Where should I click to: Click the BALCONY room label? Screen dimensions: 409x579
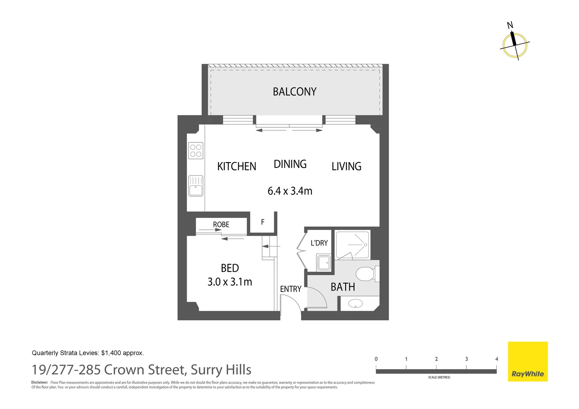(x=294, y=92)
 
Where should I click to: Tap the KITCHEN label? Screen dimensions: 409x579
(x=236, y=166)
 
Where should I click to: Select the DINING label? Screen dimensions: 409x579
(x=290, y=164)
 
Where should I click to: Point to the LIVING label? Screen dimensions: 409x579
(x=346, y=166)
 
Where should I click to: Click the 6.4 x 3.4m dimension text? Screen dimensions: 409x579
(x=290, y=191)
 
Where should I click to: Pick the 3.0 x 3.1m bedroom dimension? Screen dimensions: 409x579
(x=230, y=282)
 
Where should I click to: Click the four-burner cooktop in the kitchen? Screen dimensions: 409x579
(x=196, y=151)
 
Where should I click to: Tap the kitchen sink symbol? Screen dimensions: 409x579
(x=196, y=186)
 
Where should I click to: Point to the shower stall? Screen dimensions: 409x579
(x=352, y=245)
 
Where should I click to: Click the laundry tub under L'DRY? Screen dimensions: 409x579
(x=324, y=263)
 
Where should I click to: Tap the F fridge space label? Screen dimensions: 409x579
(x=263, y=222)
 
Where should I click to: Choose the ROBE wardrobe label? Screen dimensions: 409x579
(x=221, y=225)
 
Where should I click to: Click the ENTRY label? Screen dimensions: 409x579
(x=291, y=289)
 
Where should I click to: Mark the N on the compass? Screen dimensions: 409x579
(x=510, y=25)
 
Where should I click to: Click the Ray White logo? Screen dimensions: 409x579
(x=527, y=362)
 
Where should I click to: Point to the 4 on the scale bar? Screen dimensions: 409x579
(x=496, y=359)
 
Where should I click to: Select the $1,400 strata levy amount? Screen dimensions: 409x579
(x=111, y=353)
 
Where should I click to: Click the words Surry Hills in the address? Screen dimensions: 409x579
(x=221, y=370)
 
